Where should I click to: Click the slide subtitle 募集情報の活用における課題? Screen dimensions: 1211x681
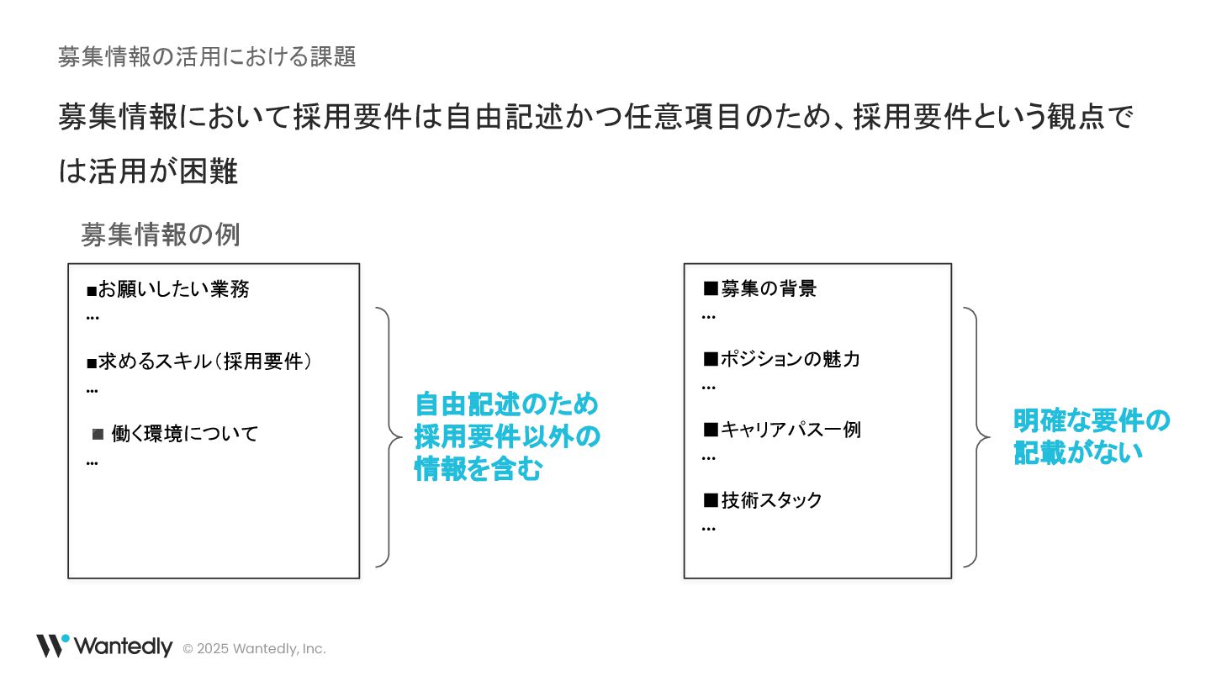click(207, 56)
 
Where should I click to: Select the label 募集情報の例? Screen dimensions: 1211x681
click(161, 235)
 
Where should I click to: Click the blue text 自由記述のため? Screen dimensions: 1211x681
click(506, 404)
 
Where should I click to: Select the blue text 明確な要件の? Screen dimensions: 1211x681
click(1092, 420)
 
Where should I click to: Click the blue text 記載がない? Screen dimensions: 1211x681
click(1078, 452)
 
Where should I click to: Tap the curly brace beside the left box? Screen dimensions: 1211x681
click(388, 437)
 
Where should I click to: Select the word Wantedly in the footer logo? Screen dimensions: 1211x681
click(124, 647)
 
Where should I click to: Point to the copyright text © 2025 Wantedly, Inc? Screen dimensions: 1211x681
click(254, 649)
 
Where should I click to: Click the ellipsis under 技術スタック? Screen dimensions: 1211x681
click(709, 529)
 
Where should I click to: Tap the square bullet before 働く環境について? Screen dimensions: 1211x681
click(98, 434)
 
